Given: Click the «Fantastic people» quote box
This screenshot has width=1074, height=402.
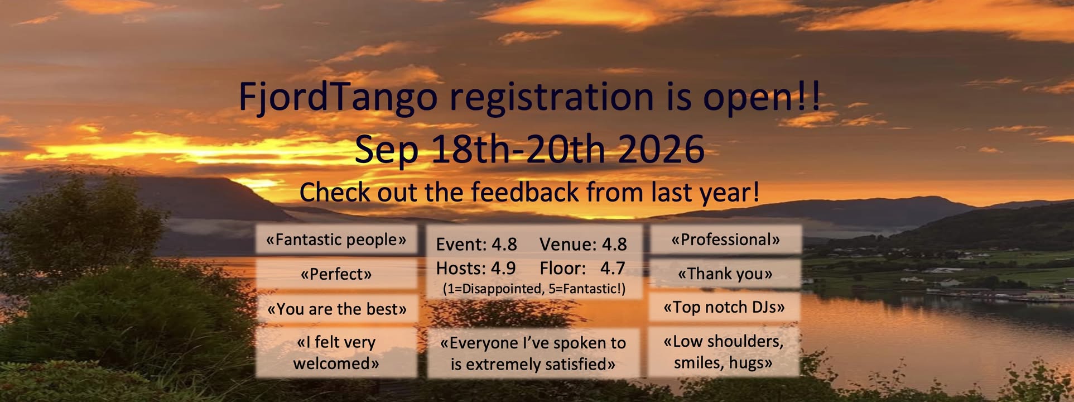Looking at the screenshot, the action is coord(336,240).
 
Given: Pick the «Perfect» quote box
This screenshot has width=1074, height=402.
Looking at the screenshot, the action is coord(336,274).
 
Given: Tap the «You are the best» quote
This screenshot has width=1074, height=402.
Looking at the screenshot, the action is coord(336,308).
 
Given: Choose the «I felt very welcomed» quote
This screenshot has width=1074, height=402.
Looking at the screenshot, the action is coord(336,352).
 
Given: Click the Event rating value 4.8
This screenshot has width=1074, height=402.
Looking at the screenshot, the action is coord(504,245).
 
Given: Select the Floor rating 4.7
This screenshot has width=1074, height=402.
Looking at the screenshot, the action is coord(612,269).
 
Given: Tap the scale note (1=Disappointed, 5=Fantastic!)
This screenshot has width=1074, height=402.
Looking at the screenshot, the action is coord(534,289).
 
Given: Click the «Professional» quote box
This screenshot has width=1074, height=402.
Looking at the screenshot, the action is coord(725,240).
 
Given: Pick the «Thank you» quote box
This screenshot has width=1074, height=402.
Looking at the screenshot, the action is coord(725,274).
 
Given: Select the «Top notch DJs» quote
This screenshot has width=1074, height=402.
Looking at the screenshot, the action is coord(724,307).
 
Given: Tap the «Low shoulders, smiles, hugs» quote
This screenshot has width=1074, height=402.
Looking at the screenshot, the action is coord(724,352).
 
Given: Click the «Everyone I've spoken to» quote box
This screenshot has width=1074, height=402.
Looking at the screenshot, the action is coord(533,353).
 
